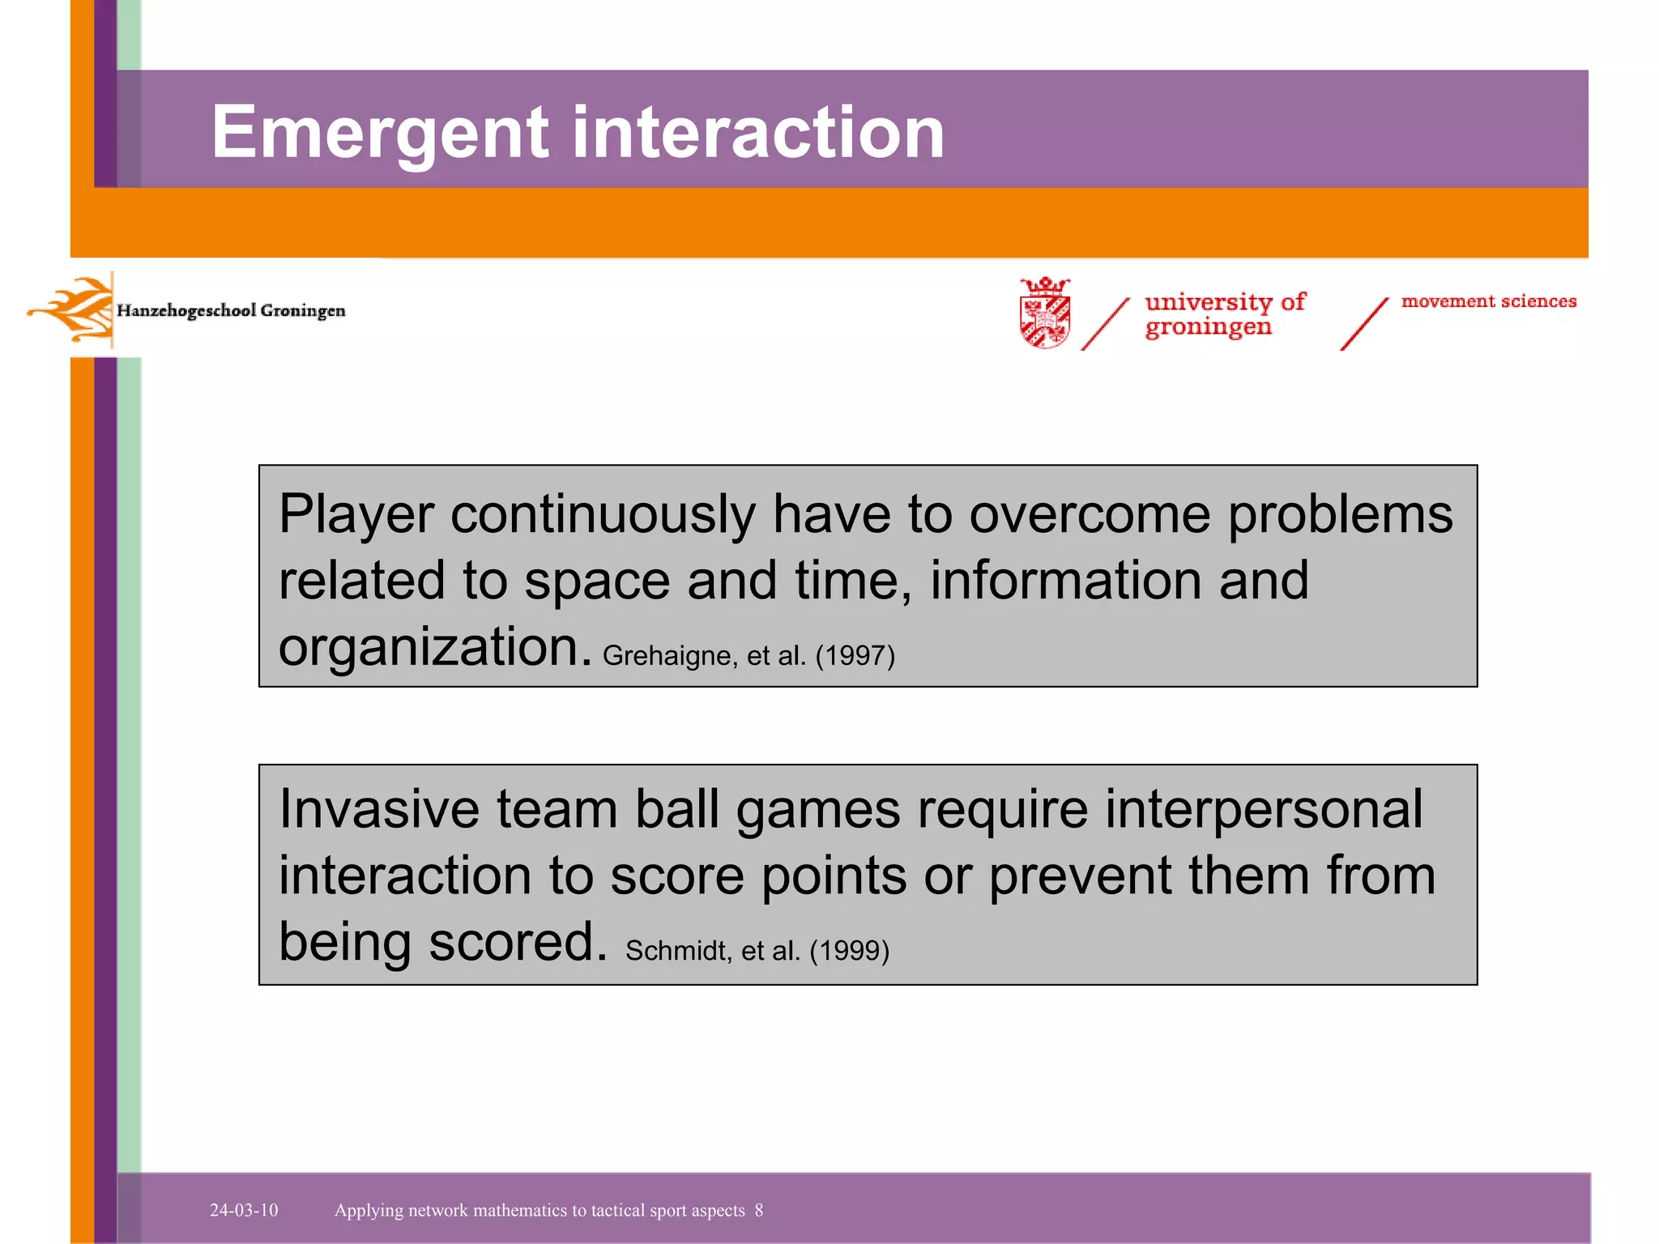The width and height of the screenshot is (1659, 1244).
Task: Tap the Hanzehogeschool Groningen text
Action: coord(231,311)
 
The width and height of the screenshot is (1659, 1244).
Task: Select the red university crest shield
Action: coord(1045,313)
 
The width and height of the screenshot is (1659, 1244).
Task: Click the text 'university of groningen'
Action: coord(1223,314)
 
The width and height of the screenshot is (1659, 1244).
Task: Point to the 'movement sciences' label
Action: coord(1489,301)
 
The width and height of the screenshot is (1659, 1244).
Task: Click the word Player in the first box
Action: coord(356,516)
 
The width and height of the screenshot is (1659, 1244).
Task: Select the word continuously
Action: coord(603,516)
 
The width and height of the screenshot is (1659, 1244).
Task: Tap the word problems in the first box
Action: coord(1340,516)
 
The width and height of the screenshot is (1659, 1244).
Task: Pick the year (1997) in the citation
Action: coord(855,655)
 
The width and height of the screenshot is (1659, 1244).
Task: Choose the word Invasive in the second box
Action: coord(379,810)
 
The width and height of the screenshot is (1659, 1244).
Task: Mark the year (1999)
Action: coord(849,950)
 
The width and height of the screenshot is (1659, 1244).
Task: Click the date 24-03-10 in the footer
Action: coord(244,1210)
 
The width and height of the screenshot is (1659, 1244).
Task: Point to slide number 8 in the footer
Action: coord(759,1210)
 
